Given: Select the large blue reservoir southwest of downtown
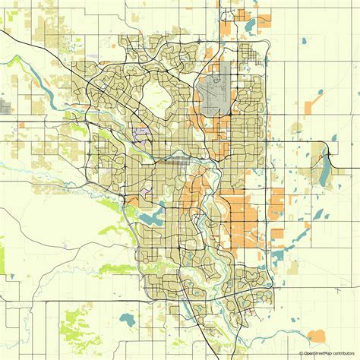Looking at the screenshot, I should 150,218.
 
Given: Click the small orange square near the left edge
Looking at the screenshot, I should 24,123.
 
